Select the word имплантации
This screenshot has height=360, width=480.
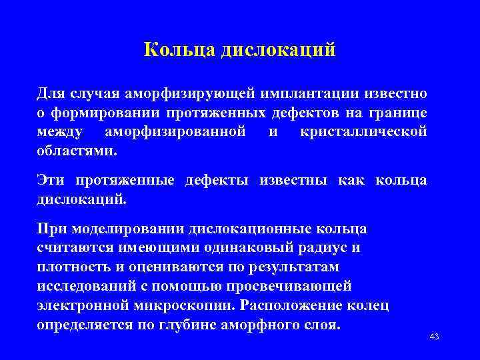coord(316,91)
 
